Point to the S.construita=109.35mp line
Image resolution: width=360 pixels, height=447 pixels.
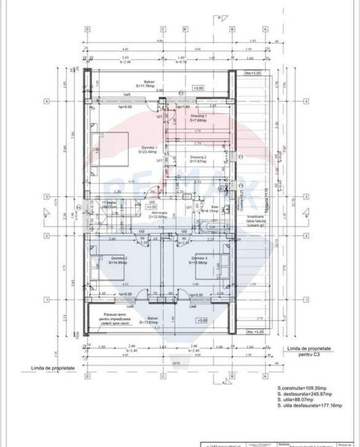[x=302, y=387]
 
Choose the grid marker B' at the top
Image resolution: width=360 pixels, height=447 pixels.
[x=184, y=29]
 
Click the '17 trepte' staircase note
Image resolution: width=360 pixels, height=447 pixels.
[x=108, y=203]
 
